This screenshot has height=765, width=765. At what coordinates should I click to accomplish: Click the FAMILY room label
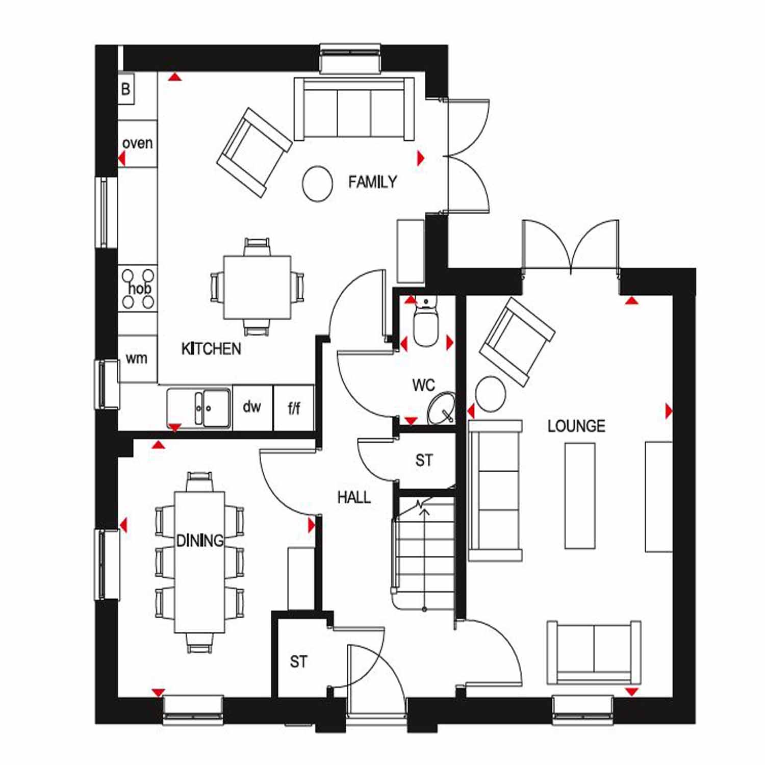(372, 182)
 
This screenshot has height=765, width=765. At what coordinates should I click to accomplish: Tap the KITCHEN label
(211, 349)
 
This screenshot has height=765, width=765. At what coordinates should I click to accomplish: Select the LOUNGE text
(576, 426)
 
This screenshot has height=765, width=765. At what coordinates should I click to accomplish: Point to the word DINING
(200, 540)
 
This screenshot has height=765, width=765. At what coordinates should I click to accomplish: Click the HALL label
(354, 497)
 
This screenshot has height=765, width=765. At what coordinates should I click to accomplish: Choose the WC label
(423, 385)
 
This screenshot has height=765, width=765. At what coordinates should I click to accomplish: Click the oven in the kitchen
(137, 143)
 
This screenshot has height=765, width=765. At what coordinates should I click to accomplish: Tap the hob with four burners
(138, 288)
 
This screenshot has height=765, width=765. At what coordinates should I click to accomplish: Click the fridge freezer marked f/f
(294, 408)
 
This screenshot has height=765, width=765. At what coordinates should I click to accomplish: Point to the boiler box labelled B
(126, 89)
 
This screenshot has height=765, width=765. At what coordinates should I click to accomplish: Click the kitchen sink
(199, 407)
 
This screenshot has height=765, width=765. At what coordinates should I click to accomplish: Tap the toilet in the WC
(425, 321)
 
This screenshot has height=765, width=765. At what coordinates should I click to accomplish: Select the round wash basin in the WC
(441, 408)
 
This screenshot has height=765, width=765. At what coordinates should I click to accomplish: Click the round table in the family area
(317, 184)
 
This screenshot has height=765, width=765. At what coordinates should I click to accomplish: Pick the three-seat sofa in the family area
(354, 109)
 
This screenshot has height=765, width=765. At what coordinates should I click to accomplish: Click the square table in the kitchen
(258, 287)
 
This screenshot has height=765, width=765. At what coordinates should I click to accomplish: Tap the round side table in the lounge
(491, 394)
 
